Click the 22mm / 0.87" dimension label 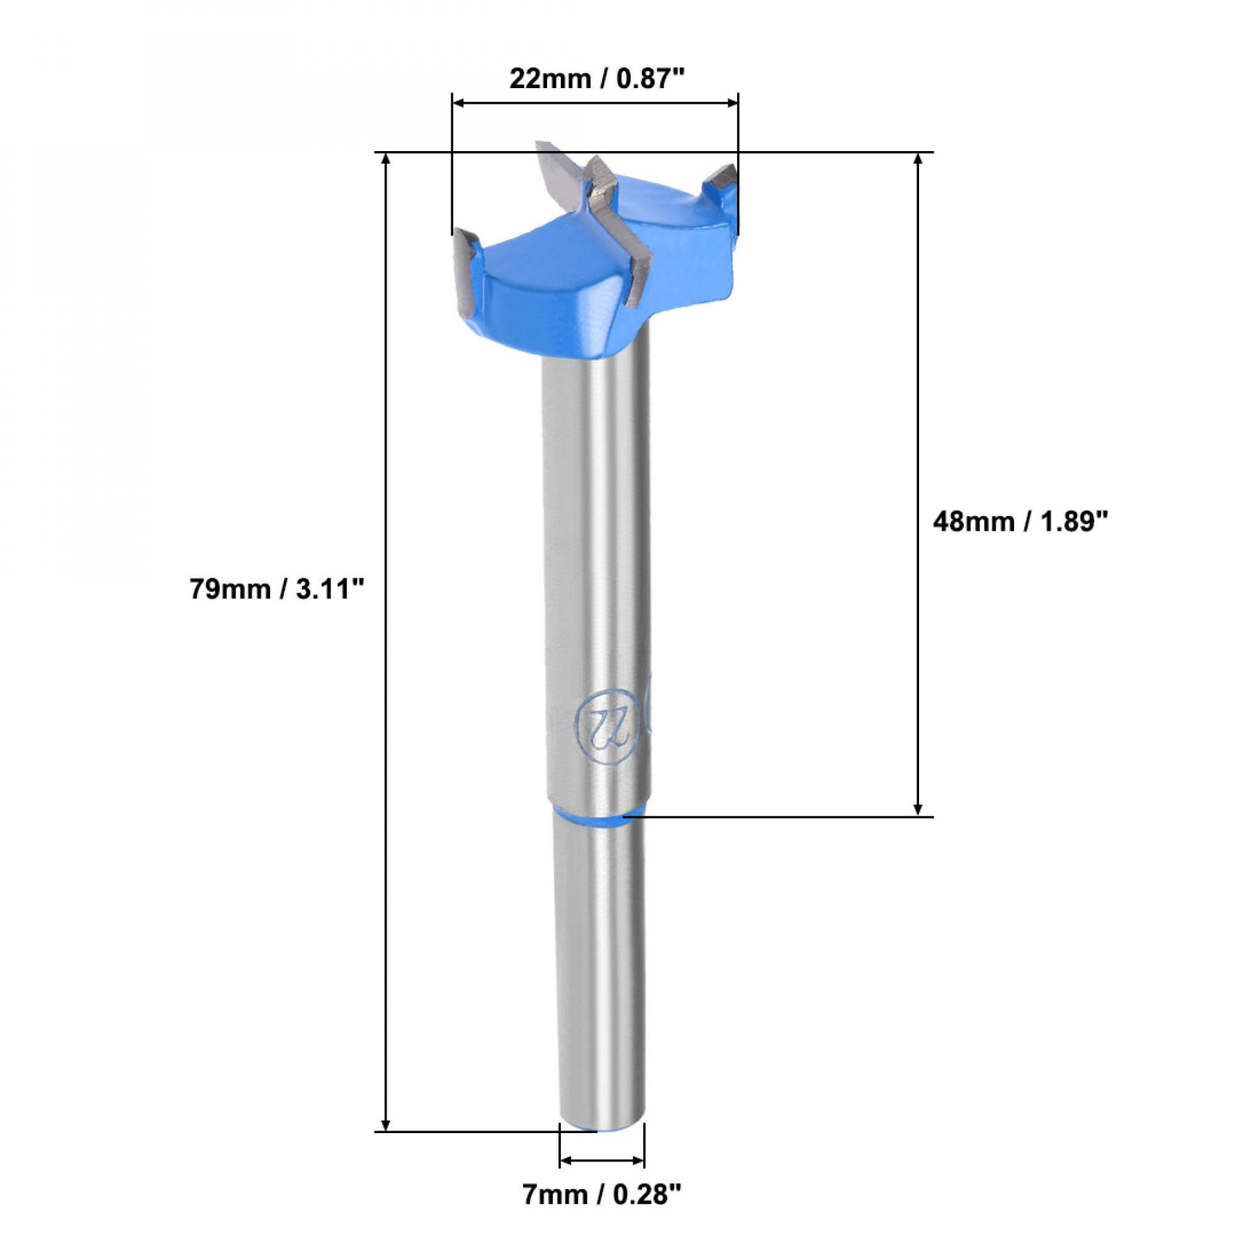(x=597, y=79)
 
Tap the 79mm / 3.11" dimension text (x=276, y=590)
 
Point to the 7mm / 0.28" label (x=602, y=1211)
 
